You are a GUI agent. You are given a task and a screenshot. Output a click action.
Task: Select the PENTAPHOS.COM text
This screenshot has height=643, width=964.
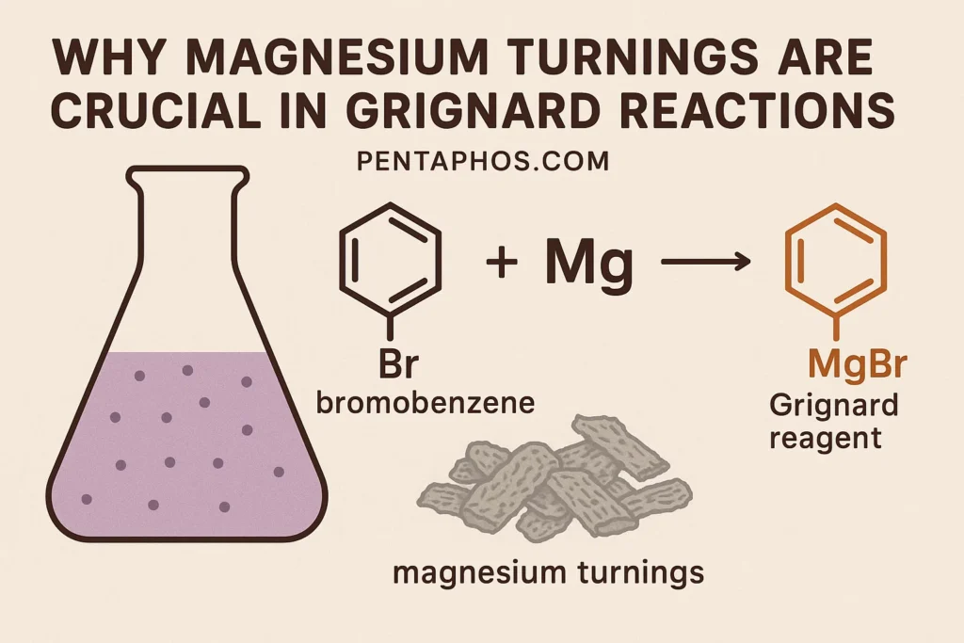(x=482, y=161)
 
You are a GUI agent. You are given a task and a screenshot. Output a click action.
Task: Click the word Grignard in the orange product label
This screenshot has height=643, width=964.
(x=834, y=407)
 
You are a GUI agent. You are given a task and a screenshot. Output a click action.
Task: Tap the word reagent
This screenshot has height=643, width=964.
(x=825, y=437)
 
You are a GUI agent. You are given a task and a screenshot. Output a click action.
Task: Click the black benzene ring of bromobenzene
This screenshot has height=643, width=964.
(x=389, y=254)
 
